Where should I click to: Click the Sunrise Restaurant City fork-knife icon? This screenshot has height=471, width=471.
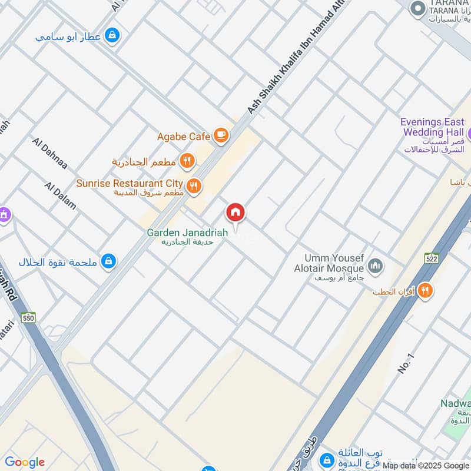(194, 187)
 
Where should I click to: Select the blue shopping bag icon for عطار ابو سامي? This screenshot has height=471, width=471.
(112, 36)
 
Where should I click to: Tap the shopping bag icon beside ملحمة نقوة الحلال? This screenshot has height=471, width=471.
(108, 261)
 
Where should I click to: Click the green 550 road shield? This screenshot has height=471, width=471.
(28, 317)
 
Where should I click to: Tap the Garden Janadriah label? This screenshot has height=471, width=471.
(187, 233)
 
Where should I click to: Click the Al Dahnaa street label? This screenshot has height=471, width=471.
(50, 154)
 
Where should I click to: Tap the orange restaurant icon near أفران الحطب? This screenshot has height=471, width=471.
(425, 290)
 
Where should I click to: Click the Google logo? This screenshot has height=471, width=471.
(24, 462)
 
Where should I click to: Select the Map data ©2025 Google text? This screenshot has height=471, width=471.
(425, 466)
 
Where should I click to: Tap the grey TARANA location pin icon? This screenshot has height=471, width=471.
(417, 8)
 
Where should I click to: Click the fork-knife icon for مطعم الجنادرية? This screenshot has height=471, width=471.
(187, 160)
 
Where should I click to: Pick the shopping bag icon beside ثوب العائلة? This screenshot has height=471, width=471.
(326, 460)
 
